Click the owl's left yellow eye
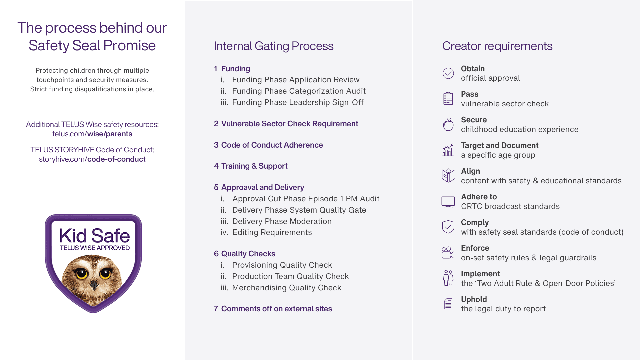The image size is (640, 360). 81,273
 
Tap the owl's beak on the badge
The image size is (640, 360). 94,285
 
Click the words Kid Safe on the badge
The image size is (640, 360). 95,236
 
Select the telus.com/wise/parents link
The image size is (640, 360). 92,134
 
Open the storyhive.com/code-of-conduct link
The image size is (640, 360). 92,159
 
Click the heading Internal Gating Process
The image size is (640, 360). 274,46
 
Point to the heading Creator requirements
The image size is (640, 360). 497,46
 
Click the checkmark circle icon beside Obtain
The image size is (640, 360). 448,73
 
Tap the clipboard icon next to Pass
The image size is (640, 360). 448,99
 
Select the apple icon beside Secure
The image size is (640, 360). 448,125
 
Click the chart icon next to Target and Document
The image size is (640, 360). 448,150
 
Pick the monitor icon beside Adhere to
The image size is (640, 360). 448,202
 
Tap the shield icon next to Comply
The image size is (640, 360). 448,227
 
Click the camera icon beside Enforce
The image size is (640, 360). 448,253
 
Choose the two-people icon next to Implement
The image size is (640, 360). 448,278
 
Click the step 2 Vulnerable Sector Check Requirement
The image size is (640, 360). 286,124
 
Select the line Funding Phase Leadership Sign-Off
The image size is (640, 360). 298,102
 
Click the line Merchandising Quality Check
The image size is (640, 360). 287,288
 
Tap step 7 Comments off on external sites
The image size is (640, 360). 273,309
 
